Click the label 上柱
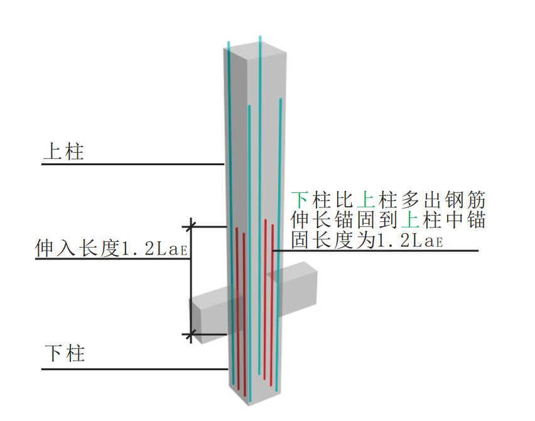tap(63, 151)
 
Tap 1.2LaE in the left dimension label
tap(153, 249)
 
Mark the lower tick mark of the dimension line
tap(190, 334)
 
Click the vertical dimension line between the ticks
tap(190, 283)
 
